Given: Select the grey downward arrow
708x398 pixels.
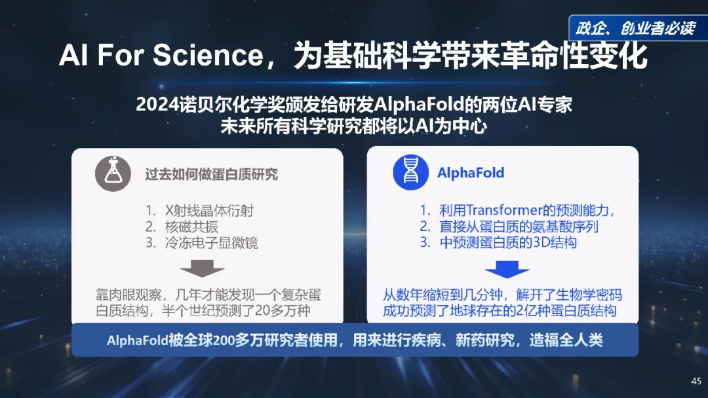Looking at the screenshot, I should tap(202, 268).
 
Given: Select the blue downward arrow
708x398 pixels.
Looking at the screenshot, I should tap(507, 268).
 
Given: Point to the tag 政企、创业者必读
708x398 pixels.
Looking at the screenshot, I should tap(634, 29).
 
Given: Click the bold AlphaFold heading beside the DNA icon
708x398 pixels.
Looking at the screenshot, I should tap(471, 173).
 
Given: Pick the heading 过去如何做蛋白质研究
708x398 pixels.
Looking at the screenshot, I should tap(211, 174).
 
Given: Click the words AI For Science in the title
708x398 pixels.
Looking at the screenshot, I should tap(160, 56).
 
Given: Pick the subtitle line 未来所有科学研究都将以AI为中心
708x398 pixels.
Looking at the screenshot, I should tap(353, 126).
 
